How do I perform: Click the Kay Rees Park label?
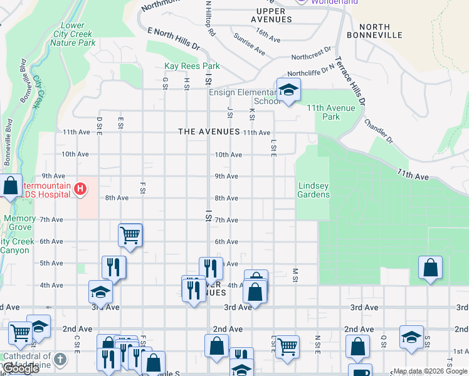click(x=192, y=66)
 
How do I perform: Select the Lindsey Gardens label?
click(x=314, y=190)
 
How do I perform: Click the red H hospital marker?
click(x=80, y=188)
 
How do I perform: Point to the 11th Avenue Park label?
click(x=331, y=112)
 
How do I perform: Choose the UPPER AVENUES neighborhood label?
click(x=271, y=15)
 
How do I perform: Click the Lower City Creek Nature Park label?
click(x=74, y=34)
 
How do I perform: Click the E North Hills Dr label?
click(x=173, y=38)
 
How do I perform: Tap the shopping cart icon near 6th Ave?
click(x=130, y=236)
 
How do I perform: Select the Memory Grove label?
click(x=20, y=223)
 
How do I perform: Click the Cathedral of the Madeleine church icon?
click(x=60, y=359)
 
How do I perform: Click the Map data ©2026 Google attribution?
click(x=430, y=371)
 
